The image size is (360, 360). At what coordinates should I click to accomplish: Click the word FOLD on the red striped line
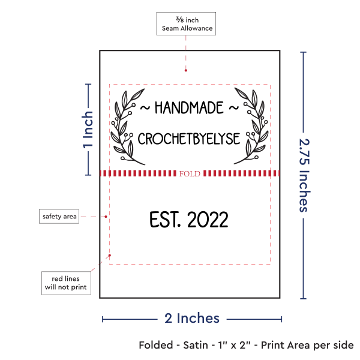(x=190, y=173)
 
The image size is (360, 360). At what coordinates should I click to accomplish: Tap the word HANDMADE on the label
(x=189, y=108)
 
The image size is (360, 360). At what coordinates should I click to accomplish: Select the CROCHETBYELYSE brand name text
(x=189, y=139)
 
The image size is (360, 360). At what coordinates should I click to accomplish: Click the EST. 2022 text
(x=189, y=220)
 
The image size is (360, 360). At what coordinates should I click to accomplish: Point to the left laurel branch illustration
(x=128, y=127)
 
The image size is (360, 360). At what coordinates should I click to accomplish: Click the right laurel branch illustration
(x=251, y=126)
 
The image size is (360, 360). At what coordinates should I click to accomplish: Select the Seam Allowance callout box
(x=186, y=23)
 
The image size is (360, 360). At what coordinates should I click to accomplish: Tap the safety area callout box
(x=59, y=216)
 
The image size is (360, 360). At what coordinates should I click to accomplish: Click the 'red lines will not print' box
(x=66, y=283)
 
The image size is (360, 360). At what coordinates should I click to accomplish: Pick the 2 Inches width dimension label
(x=192, y=318)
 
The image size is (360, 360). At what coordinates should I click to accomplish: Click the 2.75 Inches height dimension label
(x=304, y=175)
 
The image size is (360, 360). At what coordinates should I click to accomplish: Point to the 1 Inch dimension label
(x=88, y=130)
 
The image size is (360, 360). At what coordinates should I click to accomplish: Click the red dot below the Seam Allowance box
(x=186, y=70)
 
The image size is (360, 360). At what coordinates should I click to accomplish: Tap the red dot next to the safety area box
(x=106, y=217)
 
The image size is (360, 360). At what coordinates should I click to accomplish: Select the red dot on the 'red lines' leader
(x=110, y=256)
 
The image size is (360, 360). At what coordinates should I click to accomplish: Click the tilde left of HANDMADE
(x=145, y=107)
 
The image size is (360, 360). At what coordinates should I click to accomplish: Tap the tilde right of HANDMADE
(x=234, y=107)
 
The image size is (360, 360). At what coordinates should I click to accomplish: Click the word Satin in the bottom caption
(x=196, y=345)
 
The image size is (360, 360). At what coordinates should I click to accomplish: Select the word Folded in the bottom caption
(x=156, y=345)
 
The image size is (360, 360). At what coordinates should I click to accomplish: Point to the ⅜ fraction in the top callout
(x=180, y=20)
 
